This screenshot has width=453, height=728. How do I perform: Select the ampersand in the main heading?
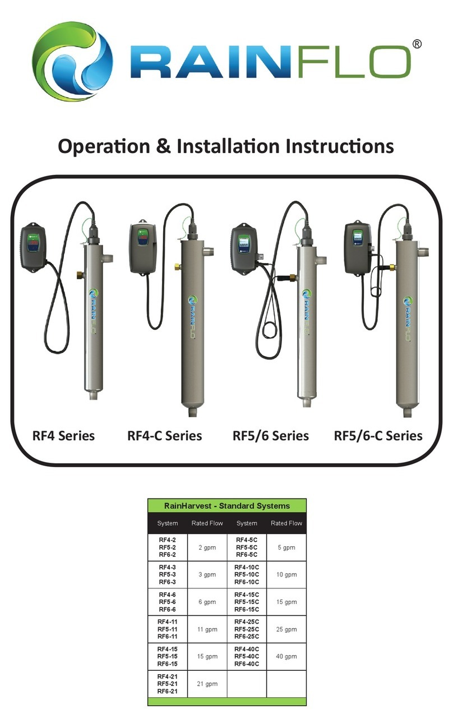pyautogui.click(x=160, y=146)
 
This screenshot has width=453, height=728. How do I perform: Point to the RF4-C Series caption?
pyautogui.click(x=165, y=436)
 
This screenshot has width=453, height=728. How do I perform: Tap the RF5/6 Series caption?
pyautogui.click(x=271, y=436)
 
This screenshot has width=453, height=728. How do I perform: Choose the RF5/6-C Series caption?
pyautogui.click(x=378, y=436)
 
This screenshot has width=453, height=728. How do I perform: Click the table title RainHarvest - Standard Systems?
pyautogui.click(x=227, y=505)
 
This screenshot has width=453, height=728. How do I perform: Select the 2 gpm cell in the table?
pyautogui.click(x=207, y=547)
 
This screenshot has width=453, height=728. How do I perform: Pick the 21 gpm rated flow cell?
pyautogui.click(x=207, y=683)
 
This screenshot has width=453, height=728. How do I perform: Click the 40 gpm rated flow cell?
pyautogui.click(x=286, y=656)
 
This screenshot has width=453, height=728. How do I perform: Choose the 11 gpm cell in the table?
pyautogui.click(x=207, y=629)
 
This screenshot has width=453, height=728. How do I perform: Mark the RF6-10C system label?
pyautogui.click(x=247, y=582)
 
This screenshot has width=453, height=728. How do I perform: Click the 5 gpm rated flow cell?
pyautogui.click(x=286, y=547)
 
